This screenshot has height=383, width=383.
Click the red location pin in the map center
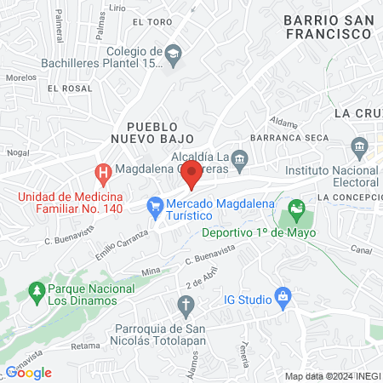point(191,172)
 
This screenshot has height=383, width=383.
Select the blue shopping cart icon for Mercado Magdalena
point(155,205)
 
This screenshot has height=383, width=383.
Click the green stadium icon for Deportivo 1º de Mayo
point(296,207)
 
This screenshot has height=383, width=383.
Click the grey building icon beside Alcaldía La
point(240,157)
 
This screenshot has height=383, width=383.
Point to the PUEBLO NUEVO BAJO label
point(152,132)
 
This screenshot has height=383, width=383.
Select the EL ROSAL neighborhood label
point(70,88)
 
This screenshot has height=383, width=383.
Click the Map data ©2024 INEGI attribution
point(331,375)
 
